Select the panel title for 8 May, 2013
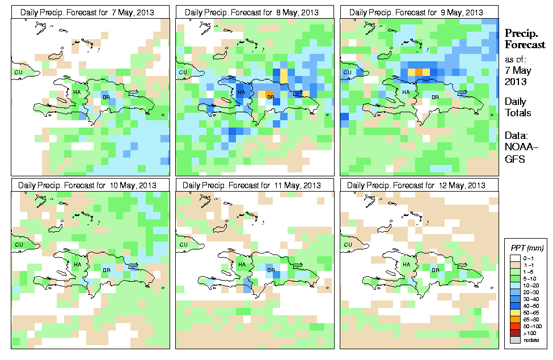pyautogui.click(x=255, y=12)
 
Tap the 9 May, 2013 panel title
pyautogui.click(x=419, y=12)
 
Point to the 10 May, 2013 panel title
pyautogui.click(x=90, y=185)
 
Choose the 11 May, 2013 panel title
pyautogui.click(x=255, y=185)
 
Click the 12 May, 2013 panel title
pyautogui.click(x=419, y=185)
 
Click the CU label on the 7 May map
pyautogui.click(x=18, y=72)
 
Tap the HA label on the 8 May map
pyautogui.click(x=241, y=92)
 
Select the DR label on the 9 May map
pyautogui.click(x=435, y=97)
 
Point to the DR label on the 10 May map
pyautogui.click(x=106, y=270)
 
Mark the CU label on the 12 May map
pyautogui.click(x=347, y=245)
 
